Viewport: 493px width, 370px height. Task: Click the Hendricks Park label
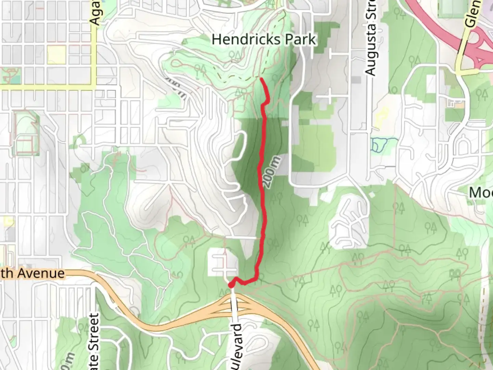263,40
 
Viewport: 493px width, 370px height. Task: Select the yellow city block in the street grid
56,55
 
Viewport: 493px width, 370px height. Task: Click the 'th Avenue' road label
33,273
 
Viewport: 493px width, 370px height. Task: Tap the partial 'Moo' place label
481,193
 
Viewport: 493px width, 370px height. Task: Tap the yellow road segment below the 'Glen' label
468,72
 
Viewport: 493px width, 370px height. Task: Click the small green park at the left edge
10,75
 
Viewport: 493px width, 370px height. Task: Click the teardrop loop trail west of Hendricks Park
178,63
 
